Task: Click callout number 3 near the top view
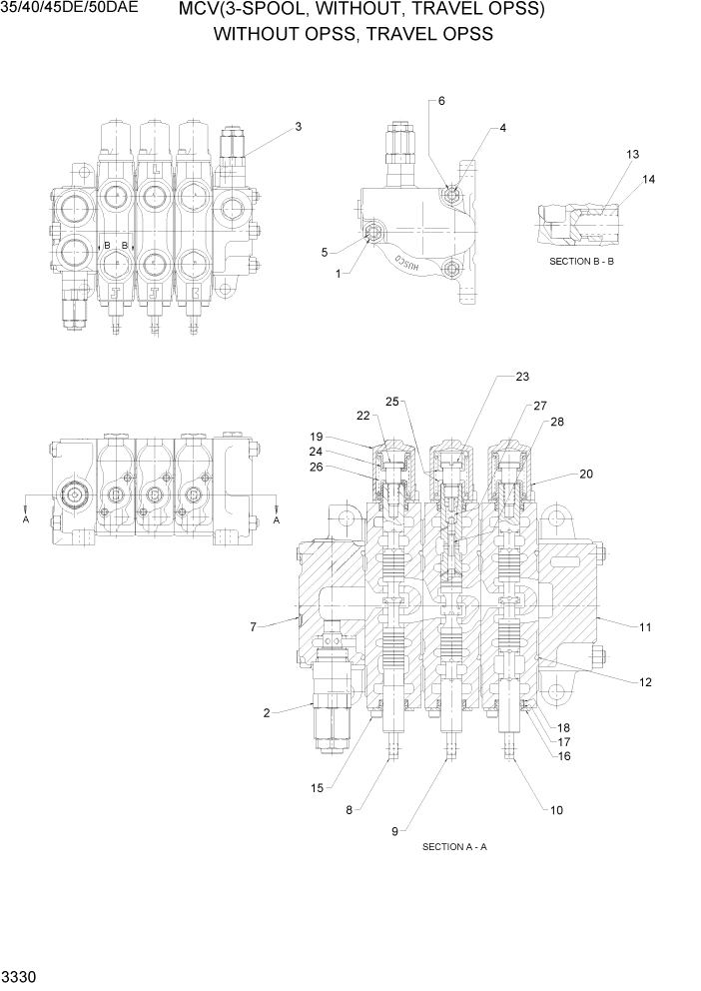click(298, 127)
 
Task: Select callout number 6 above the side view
click(441, 101)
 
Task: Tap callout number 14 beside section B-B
click(649, 179)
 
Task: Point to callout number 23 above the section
click(522, 377)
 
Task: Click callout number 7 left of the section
click(254, 626)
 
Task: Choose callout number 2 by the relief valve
click(267, 712)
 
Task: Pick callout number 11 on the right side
click(645, 626)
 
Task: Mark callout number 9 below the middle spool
click(395, 830)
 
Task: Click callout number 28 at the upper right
click(556, 422)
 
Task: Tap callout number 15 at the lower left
click(317, 788)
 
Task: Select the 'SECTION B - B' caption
click(586, 261)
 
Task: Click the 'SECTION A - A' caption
click(454, 846)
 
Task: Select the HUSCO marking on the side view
click(412, 265)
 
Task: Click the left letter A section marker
click(26, 519)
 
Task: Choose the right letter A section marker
click(277, 519)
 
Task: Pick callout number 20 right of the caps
click(586, 474)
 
